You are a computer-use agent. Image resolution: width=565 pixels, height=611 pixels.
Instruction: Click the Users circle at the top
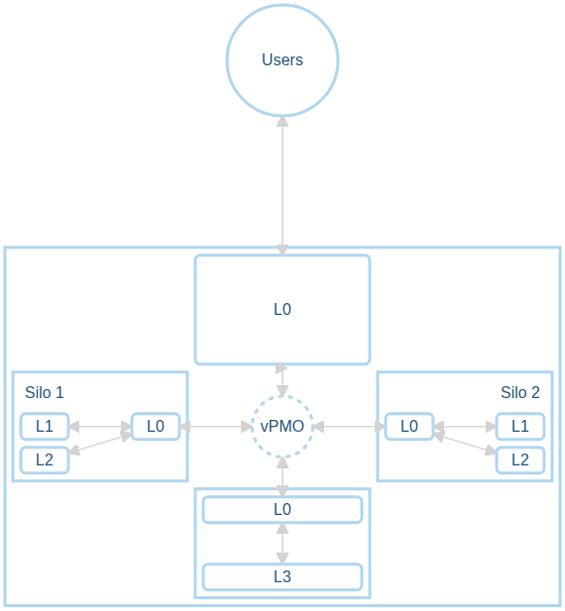(x=282, y=59)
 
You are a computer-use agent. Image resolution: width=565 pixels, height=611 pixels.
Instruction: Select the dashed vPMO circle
(x=282, y=427)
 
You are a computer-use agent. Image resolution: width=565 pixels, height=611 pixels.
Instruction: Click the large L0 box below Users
(x=282, y=309)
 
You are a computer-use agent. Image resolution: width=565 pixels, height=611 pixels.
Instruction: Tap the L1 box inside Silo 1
(x=45, y=427)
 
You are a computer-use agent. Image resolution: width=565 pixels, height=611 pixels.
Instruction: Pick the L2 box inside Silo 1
(x=45, y=459)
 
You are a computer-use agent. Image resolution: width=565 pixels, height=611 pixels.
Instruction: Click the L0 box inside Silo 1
(x=156, y=427)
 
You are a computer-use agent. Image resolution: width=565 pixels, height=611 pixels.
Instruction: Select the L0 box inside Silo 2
(x=408, y=427)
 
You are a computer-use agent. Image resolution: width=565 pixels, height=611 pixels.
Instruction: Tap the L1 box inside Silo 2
(x=520, y=427)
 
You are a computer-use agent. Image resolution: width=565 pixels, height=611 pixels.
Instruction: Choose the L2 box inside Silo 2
(x=520, y=459)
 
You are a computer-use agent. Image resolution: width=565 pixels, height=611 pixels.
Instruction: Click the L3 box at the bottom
(x=282, y=576)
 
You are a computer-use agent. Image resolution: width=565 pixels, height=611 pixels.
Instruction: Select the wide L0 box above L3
(x=282, y=510)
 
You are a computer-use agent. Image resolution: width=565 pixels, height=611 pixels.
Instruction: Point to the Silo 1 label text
(x=45, y=392)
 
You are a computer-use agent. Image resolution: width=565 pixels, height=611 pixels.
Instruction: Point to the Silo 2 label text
(x=520, y=392)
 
